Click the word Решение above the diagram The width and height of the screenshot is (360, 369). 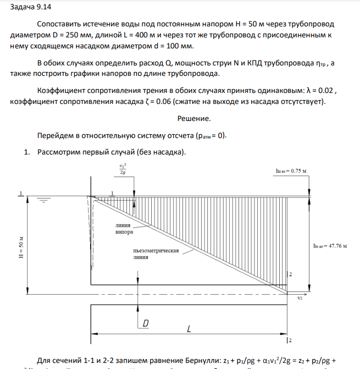tap(194, 118)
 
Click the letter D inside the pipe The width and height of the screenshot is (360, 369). tap(146, 324)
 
